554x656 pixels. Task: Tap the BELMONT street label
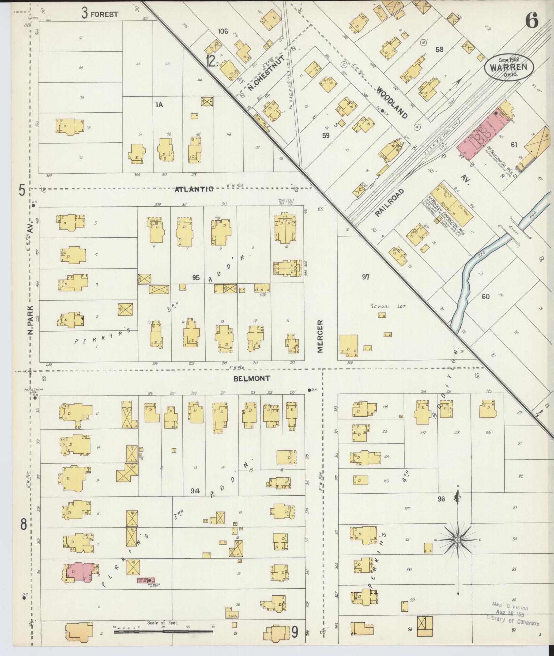click(x=252, y=378)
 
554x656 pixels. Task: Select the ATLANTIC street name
click(x=194, y=189)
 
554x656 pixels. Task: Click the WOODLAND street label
click(x=392, y=102)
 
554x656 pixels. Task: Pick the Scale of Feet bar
click(x=163, y=631)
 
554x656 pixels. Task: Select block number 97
click(x=365, y=277)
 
